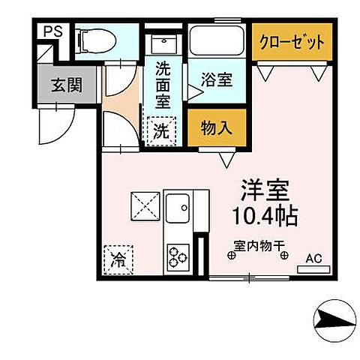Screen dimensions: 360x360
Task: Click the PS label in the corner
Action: [x=51, y=31]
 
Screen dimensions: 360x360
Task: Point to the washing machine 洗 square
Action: [x=162, y=129]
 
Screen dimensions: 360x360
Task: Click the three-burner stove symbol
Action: [x=178, y=258]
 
